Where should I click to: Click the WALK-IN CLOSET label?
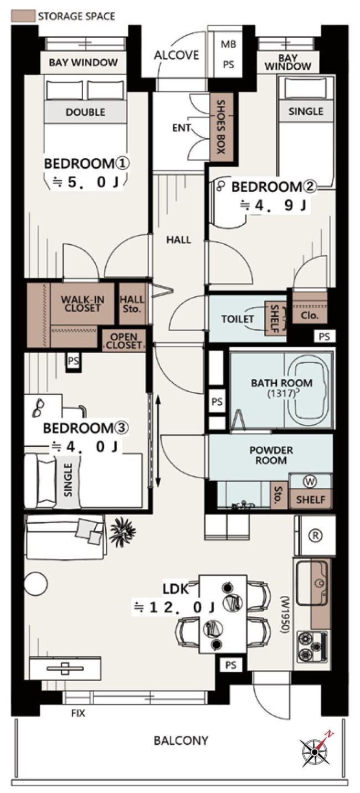click(x=83, y=303)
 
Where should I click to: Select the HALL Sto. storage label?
click(x=132, y=304)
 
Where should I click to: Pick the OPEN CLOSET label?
click(x=124, y=341)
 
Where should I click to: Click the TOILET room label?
click(x=238, y=319)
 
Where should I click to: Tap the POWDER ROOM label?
click(x=271, y=455)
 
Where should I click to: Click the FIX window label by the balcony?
click(x=78, y=713)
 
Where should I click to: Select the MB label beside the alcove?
click(x=228, y=45)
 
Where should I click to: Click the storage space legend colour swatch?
click(x=23, y=16)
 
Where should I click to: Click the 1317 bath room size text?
click(x=282, y=393)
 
